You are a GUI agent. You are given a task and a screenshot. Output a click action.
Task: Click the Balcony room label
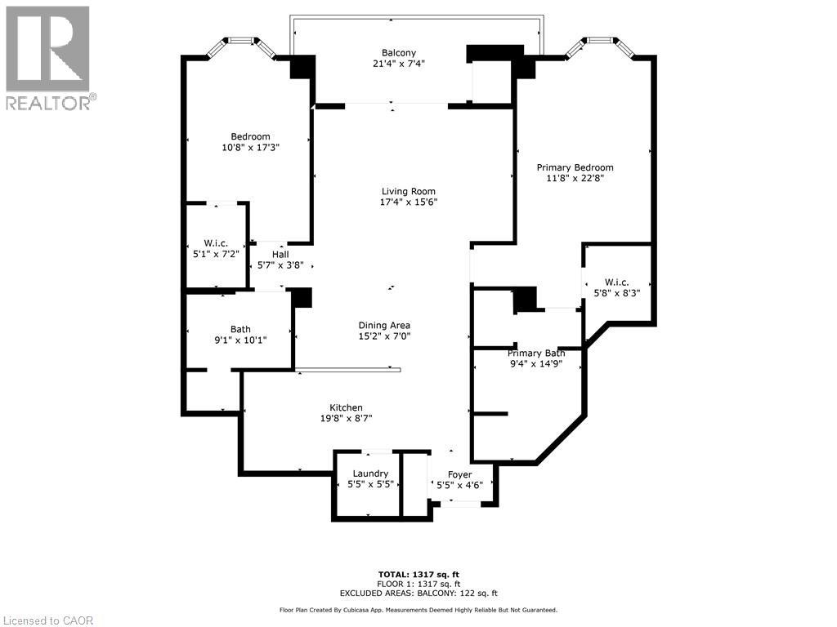[x=399, y=53]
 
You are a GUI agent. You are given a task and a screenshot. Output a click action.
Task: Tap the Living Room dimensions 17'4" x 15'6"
[x=409, y=202]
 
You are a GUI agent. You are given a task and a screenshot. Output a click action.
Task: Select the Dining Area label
[x=384, y=325]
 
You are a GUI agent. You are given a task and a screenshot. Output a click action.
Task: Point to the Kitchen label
[x=347, y=408]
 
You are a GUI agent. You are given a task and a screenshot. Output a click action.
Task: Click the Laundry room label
[x=370, y=474]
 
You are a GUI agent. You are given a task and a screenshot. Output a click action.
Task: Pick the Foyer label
[x=459, y=474]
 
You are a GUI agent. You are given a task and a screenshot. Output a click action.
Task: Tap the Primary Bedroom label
[x=575, y=167]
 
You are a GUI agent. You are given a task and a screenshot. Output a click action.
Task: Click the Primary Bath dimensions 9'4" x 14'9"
[x=536, y=364]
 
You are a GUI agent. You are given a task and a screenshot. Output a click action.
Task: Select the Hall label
[x=280, y=255]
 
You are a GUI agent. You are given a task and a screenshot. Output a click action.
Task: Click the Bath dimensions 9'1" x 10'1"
[x=240, y=340]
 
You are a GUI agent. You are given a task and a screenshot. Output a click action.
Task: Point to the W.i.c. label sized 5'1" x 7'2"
[x=216, y=243]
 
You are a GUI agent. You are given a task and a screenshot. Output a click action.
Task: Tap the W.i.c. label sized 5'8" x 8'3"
[x=616, y=282]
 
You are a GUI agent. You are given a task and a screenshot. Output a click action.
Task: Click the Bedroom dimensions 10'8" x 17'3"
[x=251, y=147]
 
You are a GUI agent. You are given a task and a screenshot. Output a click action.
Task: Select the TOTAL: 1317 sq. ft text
[x=418, y=574]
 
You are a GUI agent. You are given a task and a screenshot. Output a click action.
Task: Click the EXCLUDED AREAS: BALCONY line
[x=418, y=593]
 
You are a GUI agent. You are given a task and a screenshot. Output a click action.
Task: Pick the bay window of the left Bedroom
[x=240, y=47]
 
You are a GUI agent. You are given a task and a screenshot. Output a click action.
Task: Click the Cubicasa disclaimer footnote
[x=418, y=610]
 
